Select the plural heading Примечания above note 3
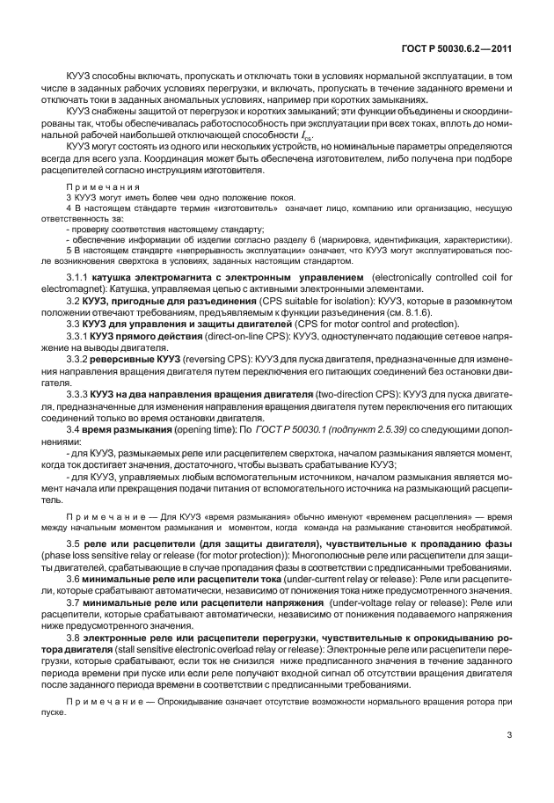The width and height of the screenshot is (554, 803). [x=103, y=188]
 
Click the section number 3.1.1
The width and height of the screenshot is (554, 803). [x=105, y=277]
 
